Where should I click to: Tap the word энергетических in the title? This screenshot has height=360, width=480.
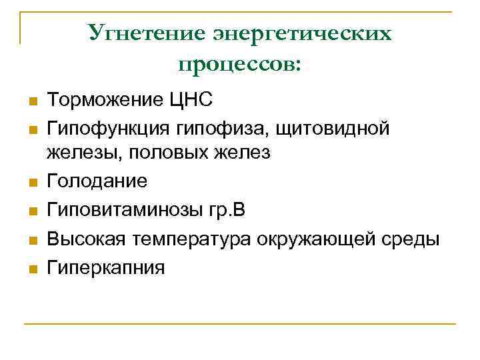tap(302, 33)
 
